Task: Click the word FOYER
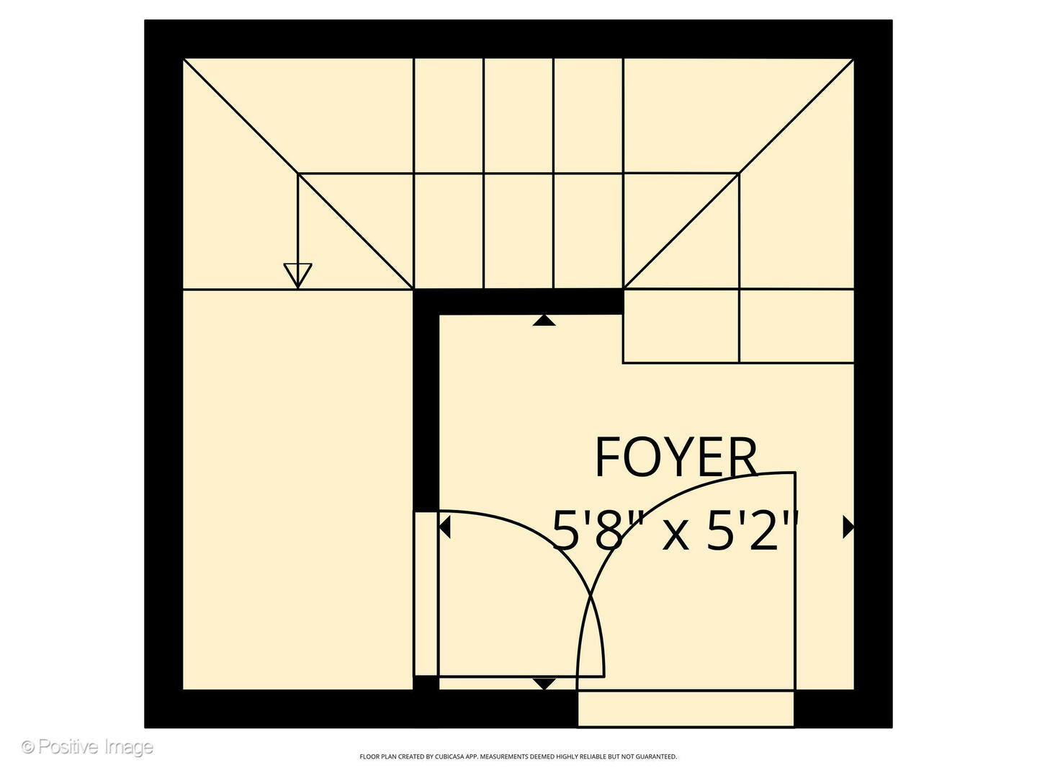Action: tap(676, 457)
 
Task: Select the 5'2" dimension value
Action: tap(752, 530)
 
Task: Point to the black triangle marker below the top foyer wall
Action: tap(544, 321)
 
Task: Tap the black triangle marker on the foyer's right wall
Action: tap(848, 527)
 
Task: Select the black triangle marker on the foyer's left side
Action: tap(444, 527)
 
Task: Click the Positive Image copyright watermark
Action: tap(87, 747)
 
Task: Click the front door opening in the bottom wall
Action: tap(686, 709)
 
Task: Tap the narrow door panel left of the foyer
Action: tap(426, 594)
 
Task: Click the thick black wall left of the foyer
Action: tap(426, 401)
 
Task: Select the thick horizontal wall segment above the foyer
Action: tap(518, 302)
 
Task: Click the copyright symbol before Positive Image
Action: tap(28, 747)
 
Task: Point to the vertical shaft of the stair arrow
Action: tap(297, 219)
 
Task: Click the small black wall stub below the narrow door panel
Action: tap(426, 683)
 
